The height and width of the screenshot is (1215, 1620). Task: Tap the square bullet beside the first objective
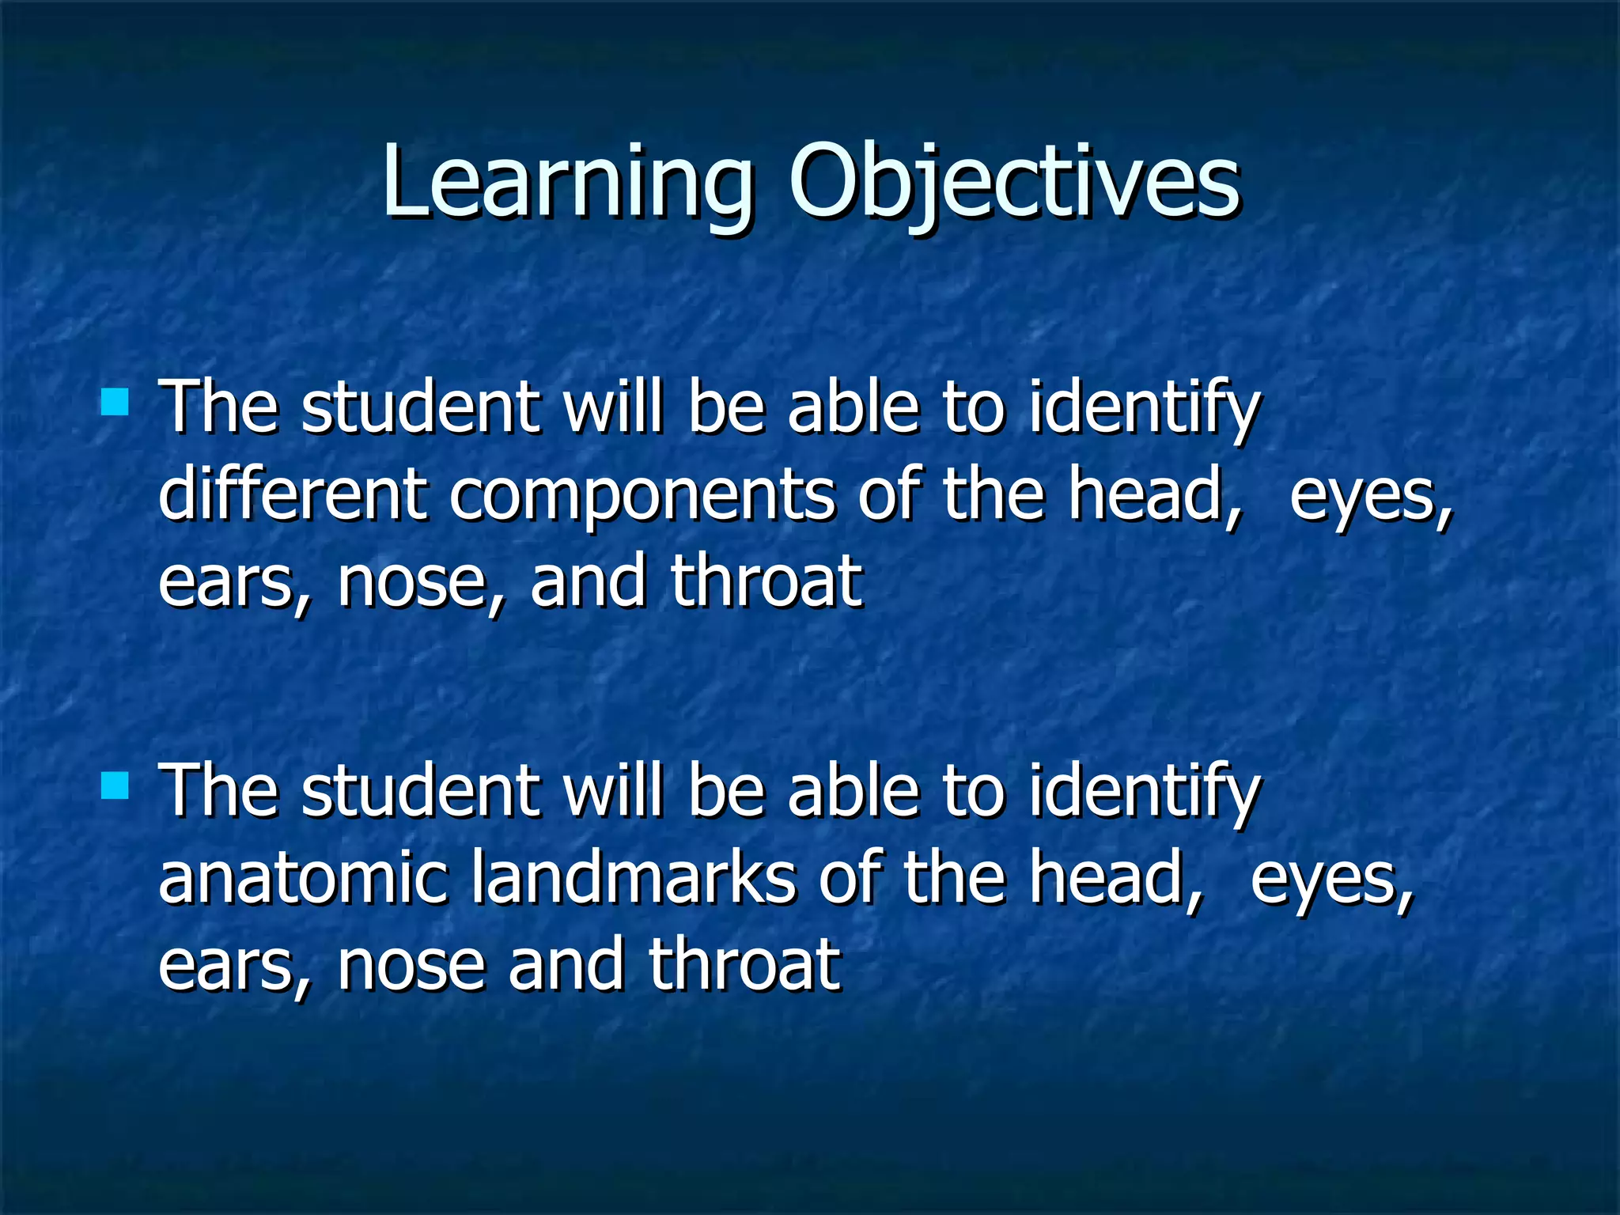pos(115,402)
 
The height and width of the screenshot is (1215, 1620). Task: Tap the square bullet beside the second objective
pos(115,786)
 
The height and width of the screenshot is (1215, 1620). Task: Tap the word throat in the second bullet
pos(744,965)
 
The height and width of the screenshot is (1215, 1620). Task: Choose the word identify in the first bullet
pos(1143,410)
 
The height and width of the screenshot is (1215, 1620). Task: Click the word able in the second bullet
pos(854,793)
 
